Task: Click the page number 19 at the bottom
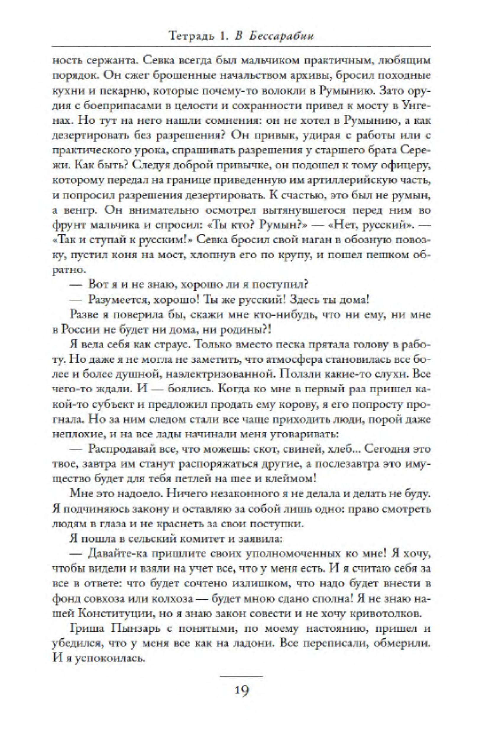pos(242,691)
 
